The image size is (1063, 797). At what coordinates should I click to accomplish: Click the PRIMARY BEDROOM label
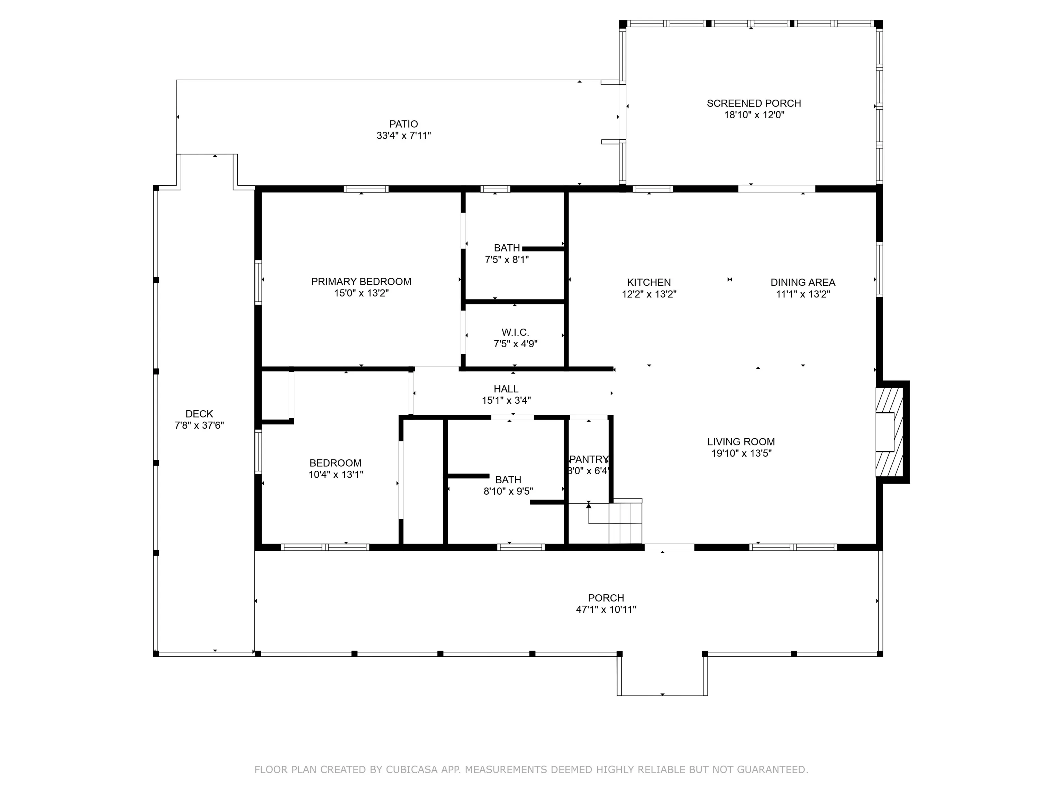click(x=361, y=282)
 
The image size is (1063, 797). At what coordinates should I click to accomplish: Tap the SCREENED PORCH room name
click(x=754, y=103)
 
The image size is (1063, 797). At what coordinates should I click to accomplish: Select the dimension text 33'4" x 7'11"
click(x=404, y=136)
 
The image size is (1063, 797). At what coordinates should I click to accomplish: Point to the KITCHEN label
click(x=649, y=283)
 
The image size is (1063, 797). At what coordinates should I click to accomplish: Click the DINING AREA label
click(x=803, y=283)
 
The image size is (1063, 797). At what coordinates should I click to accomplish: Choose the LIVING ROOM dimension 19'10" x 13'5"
click(x=742, y=453)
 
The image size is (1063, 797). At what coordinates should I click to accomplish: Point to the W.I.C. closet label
click(x=515, y=332)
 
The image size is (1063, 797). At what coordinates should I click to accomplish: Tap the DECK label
click(x=199, y=414)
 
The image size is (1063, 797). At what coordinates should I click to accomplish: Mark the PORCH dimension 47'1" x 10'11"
click(x=606, y=609)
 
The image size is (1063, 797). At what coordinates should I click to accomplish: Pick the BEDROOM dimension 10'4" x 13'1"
click(x=335, y=475)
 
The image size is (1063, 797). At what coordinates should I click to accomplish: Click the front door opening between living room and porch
click(x=669, y=547)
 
